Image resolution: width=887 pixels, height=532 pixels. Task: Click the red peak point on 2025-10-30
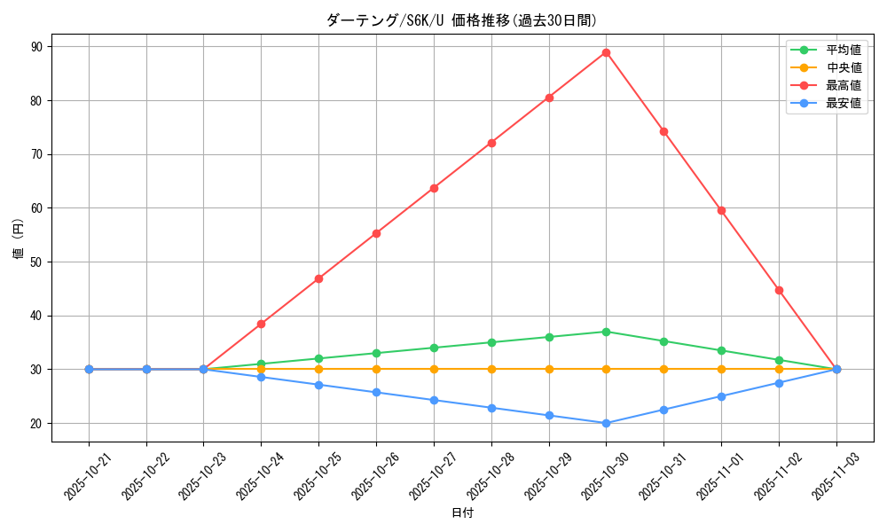[x=606, y=52]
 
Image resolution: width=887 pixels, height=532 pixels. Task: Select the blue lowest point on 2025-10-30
[x=606, y=423]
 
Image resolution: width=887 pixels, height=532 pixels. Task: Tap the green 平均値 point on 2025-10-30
[x=606, y=332]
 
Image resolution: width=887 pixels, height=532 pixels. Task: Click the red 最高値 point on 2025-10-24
[x=261, y=324]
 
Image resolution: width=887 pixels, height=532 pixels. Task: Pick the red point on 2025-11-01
[x=721, y=210]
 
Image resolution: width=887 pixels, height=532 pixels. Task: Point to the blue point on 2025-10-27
[x=434, y=400]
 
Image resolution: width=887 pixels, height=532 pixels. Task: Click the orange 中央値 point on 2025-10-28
[x=491, y=369]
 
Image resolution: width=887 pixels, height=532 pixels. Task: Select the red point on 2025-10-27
[x=434, y=188]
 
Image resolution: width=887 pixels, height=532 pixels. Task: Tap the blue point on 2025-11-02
[x=779, y=383]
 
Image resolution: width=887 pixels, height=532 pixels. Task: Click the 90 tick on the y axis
[x=37, y=47]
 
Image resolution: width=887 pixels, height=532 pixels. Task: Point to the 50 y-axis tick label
[x=37, y=262]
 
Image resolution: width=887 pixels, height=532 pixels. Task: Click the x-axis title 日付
[x=462, y=513]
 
